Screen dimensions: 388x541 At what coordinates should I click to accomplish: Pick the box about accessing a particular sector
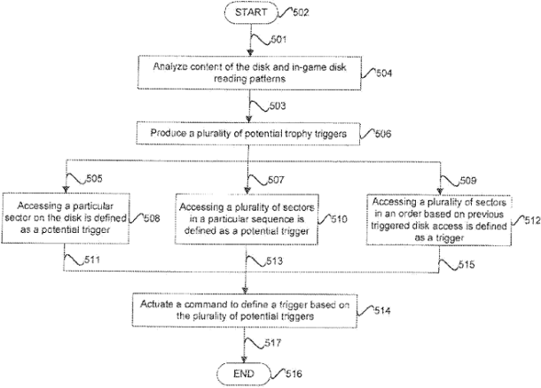click(x=66, y=216)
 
